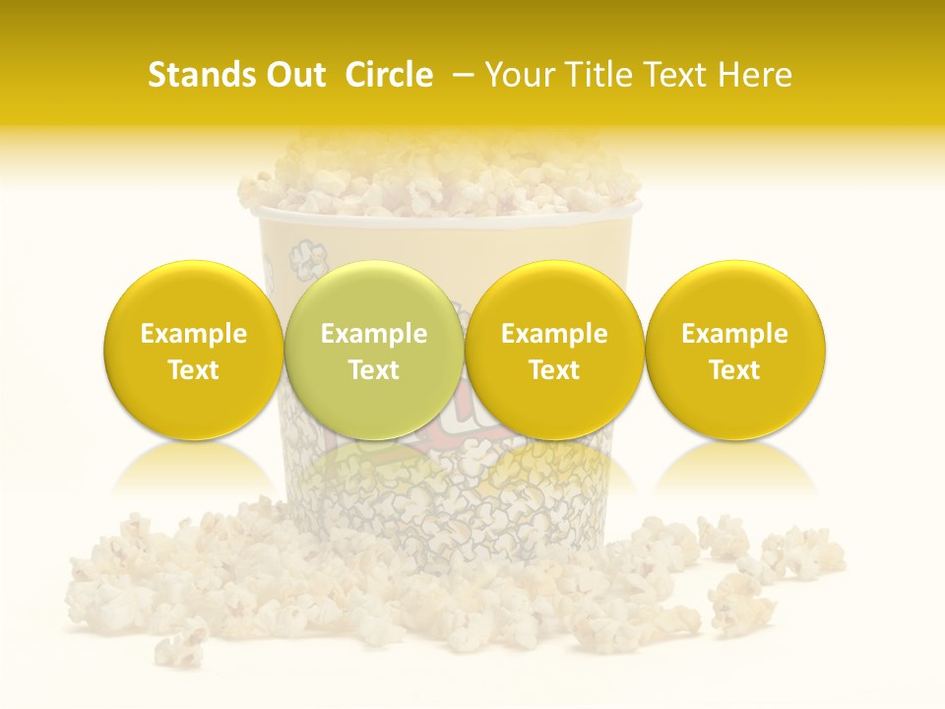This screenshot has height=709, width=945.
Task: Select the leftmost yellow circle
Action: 193,351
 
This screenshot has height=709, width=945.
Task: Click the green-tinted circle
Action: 373,351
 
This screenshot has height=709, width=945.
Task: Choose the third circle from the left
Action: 554,351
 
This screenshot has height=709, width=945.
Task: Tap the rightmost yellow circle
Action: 734,351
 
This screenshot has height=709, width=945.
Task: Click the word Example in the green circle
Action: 373,334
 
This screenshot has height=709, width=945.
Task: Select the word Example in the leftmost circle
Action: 193,334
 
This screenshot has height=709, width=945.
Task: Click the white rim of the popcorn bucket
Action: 446,213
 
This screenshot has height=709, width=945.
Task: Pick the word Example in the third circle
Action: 554,334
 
